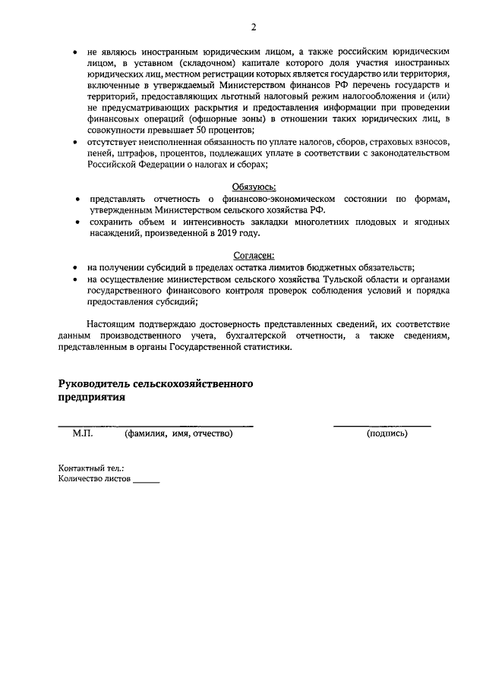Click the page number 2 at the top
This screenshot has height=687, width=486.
[254, 27]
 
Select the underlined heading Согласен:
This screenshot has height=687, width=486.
[254, 256]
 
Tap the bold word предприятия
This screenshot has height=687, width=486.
[91, 396]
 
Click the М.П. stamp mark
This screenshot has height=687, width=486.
[83, 433]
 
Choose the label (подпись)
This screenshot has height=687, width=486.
[387, 433]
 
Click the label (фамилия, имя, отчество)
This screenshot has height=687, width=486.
[178, 433]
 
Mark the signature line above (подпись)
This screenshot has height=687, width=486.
[382, 425]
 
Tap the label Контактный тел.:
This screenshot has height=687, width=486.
[91, 468]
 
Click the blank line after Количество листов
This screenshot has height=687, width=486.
[147, 481]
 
